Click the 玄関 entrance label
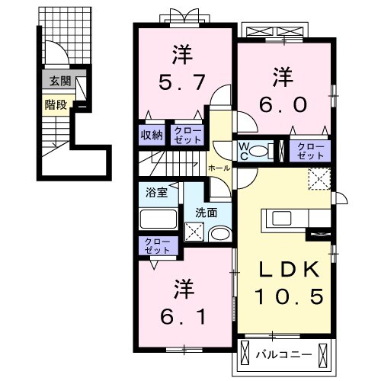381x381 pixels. (x=56, y=81)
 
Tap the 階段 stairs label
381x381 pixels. (x=54, y=104)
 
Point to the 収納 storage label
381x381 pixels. (x=151, y=135)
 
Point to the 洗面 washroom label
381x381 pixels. (x=206, y=211)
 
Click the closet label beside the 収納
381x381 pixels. (x=187, y=135)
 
